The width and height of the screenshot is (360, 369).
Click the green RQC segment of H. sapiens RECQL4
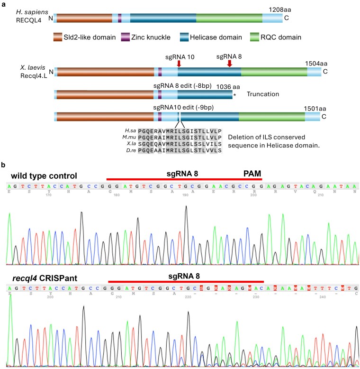[229, 18]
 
